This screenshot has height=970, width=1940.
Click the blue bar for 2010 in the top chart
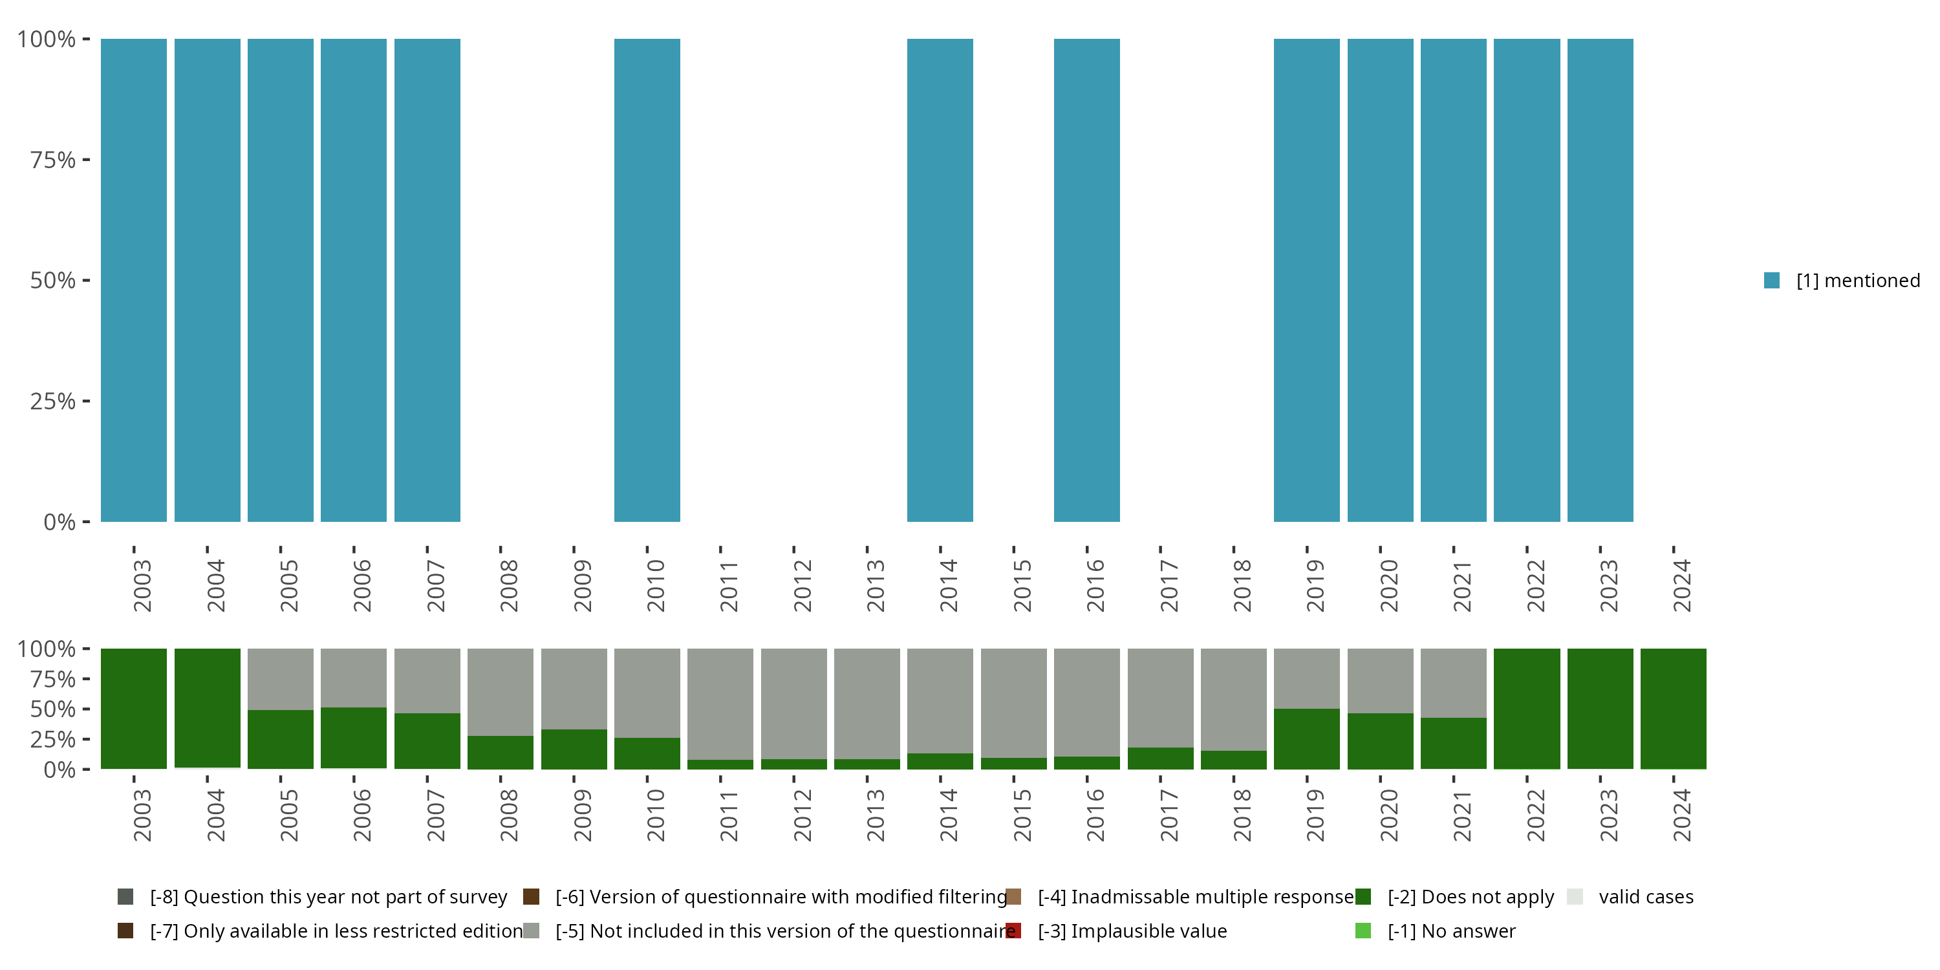pos(647,280)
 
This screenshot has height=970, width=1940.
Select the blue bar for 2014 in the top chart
pos(940,280)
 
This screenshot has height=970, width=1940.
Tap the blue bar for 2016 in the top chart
pos(1087,280)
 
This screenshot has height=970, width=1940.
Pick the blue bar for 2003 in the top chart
pos(134,280)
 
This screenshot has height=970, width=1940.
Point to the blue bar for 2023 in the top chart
pos(1600,280)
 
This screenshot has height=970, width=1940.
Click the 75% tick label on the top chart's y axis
pos(53,160)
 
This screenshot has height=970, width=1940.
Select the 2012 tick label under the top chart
pos(802,585)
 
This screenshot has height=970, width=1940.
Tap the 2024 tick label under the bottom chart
pos(1682,815)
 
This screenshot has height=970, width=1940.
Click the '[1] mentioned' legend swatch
pos(1771,280)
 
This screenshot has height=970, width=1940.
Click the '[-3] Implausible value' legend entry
pos(1132,931)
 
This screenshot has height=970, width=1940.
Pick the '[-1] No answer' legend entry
pos(1451,931)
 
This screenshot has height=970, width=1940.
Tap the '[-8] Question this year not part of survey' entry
pos(328,897)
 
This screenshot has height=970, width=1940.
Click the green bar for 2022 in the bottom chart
pos(1527,709)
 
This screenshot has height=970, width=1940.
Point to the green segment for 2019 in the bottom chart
pos(1307,738)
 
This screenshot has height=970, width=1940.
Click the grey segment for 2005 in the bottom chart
pos(280,678)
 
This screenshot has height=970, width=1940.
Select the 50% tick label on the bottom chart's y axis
pos(53,709)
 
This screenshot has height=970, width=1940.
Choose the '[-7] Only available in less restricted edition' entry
pos(335,931)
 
